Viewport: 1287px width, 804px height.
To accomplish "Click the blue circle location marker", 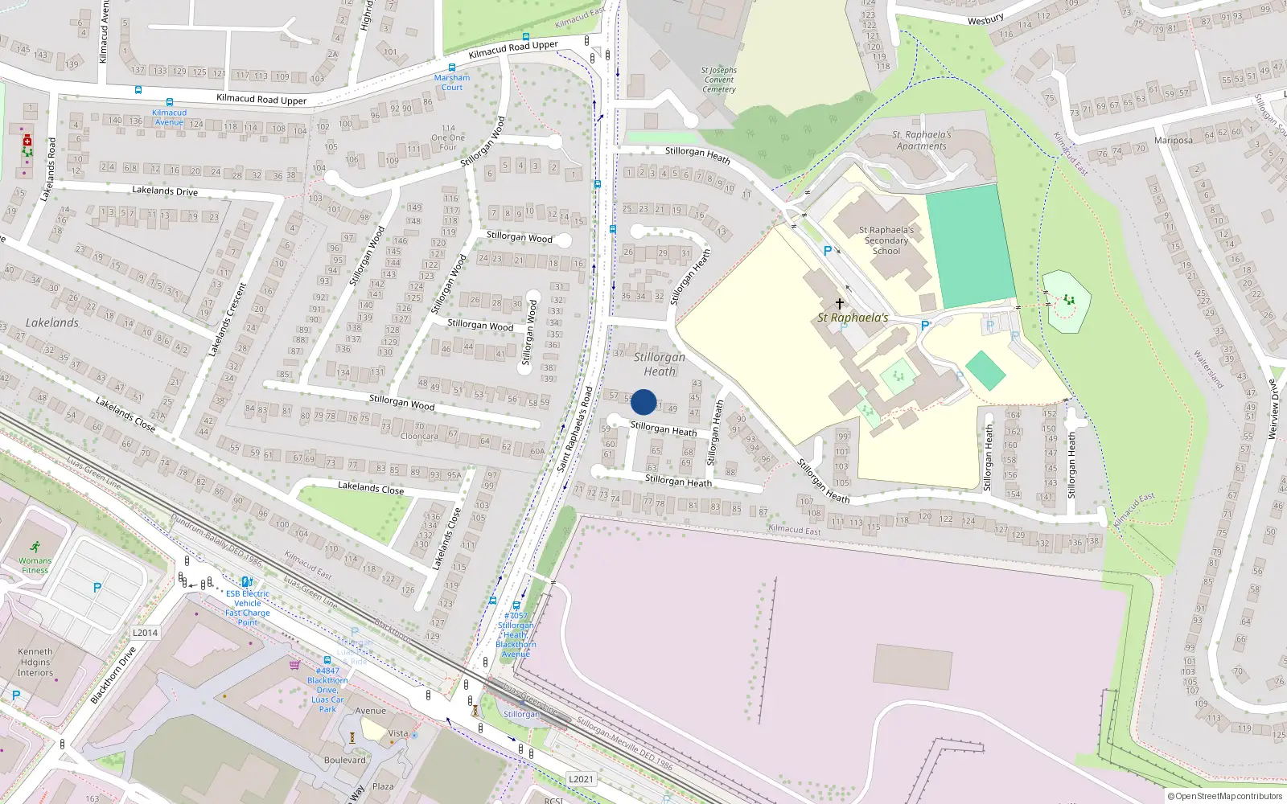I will point(643,402).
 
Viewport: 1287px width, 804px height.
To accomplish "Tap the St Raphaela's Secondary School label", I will point(886,240).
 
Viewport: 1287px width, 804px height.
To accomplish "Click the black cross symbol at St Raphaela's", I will point(840,303).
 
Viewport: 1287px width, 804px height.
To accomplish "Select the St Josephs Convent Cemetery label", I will point(718,80).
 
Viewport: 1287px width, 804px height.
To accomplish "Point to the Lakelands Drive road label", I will point(165,191).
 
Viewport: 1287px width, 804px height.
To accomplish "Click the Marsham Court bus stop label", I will point(452,82).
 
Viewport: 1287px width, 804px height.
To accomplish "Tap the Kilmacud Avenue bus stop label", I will point(169,117).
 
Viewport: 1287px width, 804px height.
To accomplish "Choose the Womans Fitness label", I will point(35,565).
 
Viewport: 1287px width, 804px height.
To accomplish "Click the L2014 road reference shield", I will point(145,633).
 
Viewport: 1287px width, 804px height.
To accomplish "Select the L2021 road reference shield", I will point(581,779).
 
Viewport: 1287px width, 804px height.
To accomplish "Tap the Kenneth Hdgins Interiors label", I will point(35,662).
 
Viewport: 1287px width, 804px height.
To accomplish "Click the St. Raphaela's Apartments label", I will point(922,141).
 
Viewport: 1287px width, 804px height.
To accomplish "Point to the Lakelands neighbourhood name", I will point(52,322).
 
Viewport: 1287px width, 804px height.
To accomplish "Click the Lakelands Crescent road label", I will point(226,319).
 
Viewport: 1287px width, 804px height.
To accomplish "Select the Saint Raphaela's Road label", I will point(574,429).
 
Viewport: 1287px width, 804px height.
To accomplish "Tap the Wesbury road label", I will point(985,19).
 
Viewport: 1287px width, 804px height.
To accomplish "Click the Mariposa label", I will point(1173,141).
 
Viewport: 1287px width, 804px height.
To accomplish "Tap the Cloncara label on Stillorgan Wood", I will point(419,437).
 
